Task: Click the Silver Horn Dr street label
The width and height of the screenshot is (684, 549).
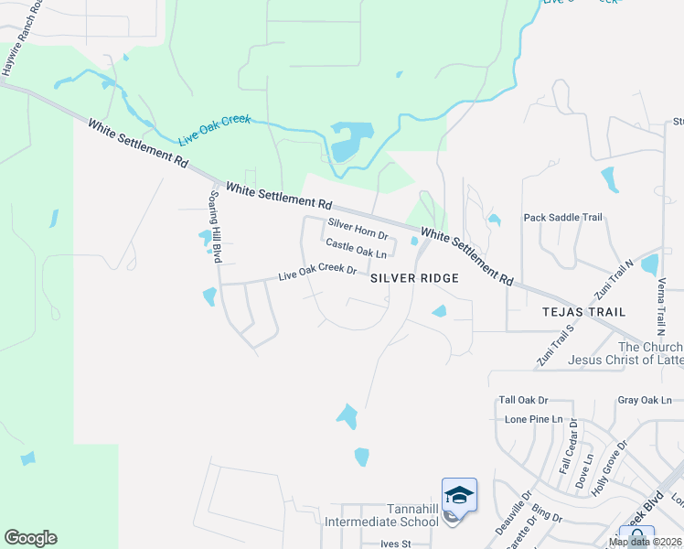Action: (358, 229)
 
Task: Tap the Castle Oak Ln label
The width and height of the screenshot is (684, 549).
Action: (356, 248)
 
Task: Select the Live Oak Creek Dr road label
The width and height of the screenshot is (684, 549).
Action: (317, 271)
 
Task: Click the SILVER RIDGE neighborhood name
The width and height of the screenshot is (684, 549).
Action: (413, 276)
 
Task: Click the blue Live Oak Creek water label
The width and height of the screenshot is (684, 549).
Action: (214, 127)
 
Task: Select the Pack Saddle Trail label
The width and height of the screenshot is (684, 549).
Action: (562, 218)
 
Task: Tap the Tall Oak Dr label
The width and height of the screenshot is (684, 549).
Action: (523, 401)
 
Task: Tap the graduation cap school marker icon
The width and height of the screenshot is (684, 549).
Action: (459, 496)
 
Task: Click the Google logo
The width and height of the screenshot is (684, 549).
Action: (30, 538)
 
